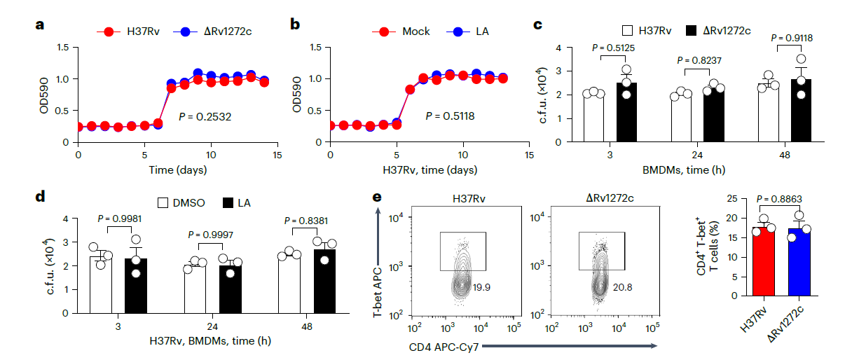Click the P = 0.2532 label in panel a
click(x=205, y=116)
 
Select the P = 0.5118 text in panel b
click(x=450, y=116)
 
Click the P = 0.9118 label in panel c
click(x=790, y=38)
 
